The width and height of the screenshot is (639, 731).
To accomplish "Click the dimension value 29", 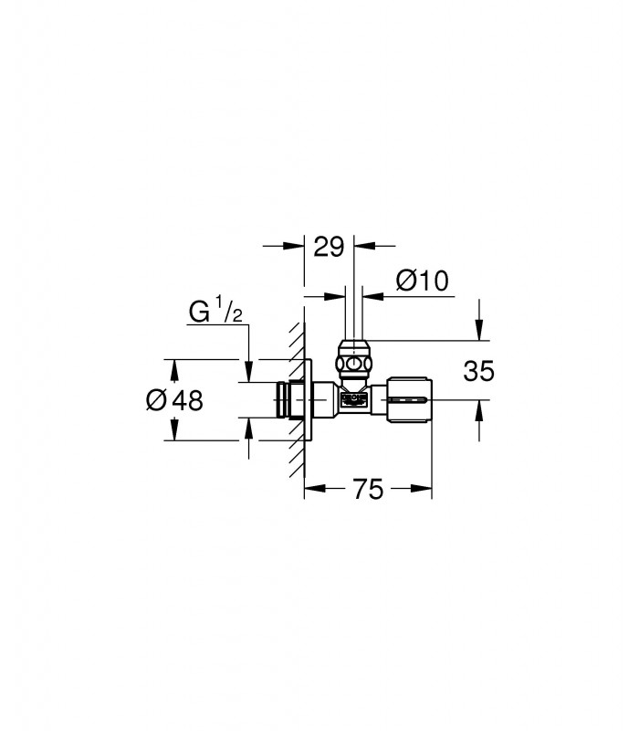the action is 329,247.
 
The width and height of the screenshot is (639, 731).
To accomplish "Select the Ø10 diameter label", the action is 422,281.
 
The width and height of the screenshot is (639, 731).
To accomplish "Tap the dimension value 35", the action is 478,372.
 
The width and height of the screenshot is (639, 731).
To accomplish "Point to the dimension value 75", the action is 368,490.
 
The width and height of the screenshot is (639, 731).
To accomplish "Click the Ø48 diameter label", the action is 174,400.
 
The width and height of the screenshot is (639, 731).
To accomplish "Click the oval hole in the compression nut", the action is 354,363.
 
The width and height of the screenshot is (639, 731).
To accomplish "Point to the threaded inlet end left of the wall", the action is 283,400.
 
